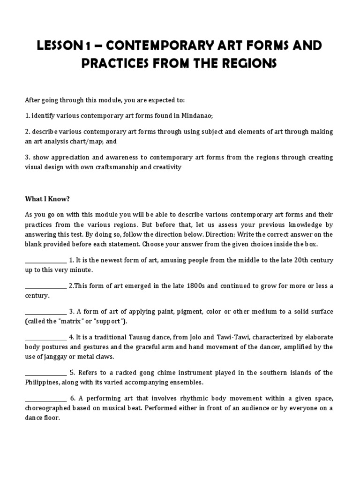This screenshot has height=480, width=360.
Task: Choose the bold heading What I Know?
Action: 47,199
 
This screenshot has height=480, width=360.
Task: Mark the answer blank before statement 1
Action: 45,261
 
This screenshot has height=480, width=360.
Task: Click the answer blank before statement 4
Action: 45,337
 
